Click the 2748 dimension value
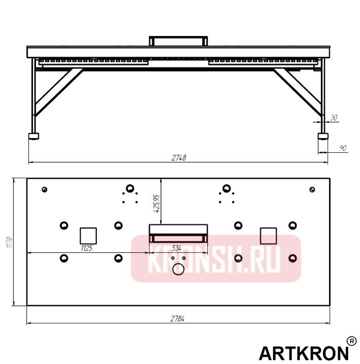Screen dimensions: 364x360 pyautogui.click(x=178, y=158)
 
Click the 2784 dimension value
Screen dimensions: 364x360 pyautogui.click(x=177, y=319)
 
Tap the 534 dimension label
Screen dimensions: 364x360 pyautogui.click(x=176, y=248)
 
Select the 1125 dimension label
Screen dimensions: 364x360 pyautogui.click(x=86, y=248)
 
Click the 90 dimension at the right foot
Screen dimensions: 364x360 pyautogui.click(x=343, y=148)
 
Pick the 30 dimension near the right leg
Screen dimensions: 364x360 pyautogui.click(x=333, y=118)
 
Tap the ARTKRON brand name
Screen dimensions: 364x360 pyautogui.click(x=302, y=353)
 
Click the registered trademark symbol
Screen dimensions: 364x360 pyautogui.click(x=351, y=341)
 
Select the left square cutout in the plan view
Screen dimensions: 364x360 pyautogui.click(x=88, y=235)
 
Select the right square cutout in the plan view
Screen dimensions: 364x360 pyautogui.click(x=268, y=235)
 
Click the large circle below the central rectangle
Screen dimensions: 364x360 pyautogui.click(x=178, y=269)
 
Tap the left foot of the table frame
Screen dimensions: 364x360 pyautogui.click(x=34, y=136)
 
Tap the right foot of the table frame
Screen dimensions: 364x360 pyautogui.click(x=323, y=136)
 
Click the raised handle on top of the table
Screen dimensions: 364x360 pyautogui.click(x=178, y=40)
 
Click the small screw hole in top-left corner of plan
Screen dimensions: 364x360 pyautogui.click(x=45, y=189)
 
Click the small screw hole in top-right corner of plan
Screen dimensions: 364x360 pyautogui.click(x=312, y=189)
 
